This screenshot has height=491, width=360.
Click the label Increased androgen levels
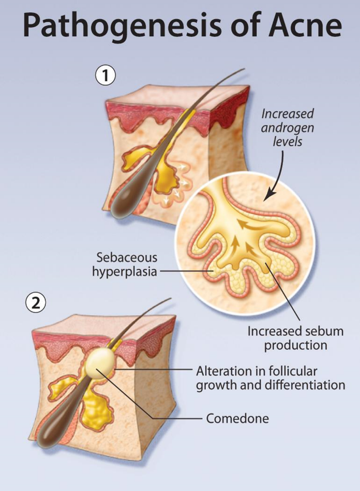point(288,127)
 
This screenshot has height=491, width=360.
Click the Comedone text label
point(237,418)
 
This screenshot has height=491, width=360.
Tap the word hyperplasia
point(124,271)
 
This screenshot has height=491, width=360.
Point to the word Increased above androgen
point(288,113)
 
